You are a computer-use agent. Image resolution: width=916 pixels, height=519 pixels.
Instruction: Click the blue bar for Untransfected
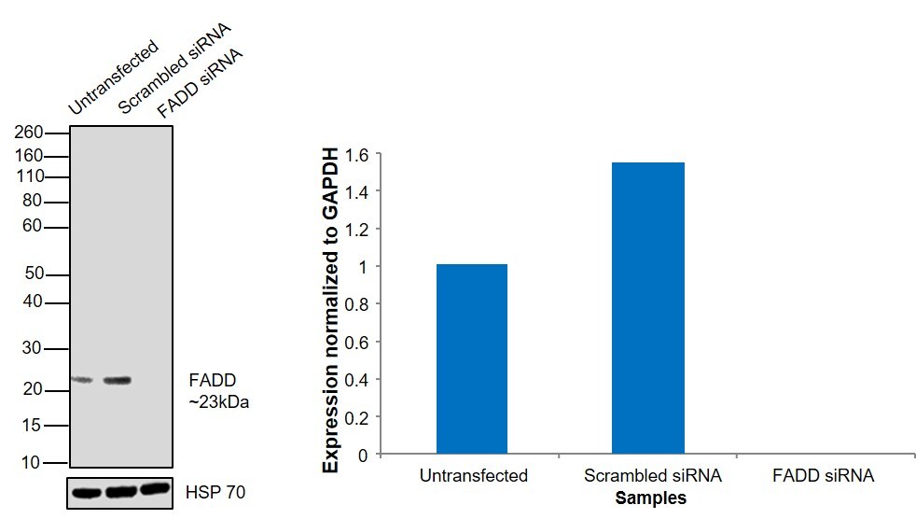(472, 359)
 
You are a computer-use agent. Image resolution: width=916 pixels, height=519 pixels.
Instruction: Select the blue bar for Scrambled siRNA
(647, 308)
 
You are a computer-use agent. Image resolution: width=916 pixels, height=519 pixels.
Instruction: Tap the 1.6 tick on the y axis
(358, 154)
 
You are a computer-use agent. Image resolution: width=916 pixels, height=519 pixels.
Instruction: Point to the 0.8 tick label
(358, 304)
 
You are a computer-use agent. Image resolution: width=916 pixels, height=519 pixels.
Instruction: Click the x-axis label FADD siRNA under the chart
(823, 476)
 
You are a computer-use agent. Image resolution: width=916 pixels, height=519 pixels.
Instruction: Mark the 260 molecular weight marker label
(30, 133)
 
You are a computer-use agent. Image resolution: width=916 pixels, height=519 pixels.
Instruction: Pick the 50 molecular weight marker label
(34, 274)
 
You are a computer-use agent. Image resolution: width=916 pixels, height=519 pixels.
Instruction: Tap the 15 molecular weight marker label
(34, 426)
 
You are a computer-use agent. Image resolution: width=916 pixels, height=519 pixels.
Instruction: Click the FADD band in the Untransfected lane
(82, 379)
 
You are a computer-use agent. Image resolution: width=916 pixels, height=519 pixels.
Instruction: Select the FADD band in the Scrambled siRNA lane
(118, 380)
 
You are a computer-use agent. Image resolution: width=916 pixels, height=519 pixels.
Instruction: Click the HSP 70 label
(216, 491)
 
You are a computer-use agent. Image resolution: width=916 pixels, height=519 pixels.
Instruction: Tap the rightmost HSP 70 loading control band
(155, 489)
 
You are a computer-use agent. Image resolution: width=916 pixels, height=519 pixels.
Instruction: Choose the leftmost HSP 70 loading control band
(87, 492)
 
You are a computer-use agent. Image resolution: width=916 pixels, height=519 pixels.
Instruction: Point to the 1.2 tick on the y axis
(358, 230)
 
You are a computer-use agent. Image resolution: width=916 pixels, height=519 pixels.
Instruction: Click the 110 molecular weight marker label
(30, 176)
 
